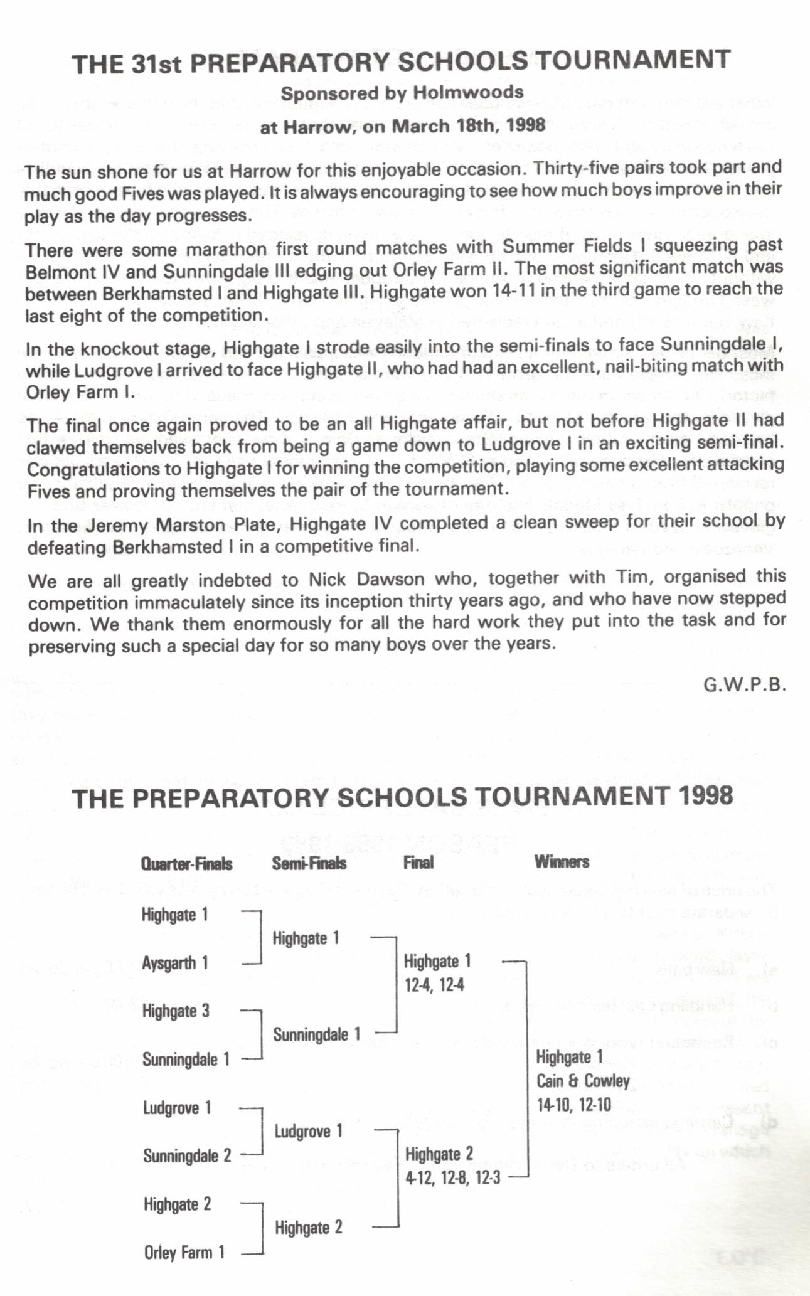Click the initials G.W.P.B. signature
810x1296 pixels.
coord(744,684)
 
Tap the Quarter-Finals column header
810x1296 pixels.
coord(187,864)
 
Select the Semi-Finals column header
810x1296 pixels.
coord(309,863)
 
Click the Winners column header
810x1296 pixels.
coord(562,861)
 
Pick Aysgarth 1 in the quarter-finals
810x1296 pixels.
coord(175,963)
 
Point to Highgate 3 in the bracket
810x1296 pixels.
coord(176,1011)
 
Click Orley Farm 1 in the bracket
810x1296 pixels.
coord(184,1253)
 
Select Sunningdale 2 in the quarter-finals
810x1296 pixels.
coord(187,1155)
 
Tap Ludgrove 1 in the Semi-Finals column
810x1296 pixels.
coord(309,1132)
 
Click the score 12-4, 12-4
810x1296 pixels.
coord(434,985)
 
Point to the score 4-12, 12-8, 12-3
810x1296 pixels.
coord(452,1178)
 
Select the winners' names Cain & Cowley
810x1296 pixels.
coord(583,1081)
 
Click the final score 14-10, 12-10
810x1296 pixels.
coord(573,1105)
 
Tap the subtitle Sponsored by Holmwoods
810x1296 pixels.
coord(402,93)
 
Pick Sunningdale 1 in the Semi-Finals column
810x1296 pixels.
coord(317,1034)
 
